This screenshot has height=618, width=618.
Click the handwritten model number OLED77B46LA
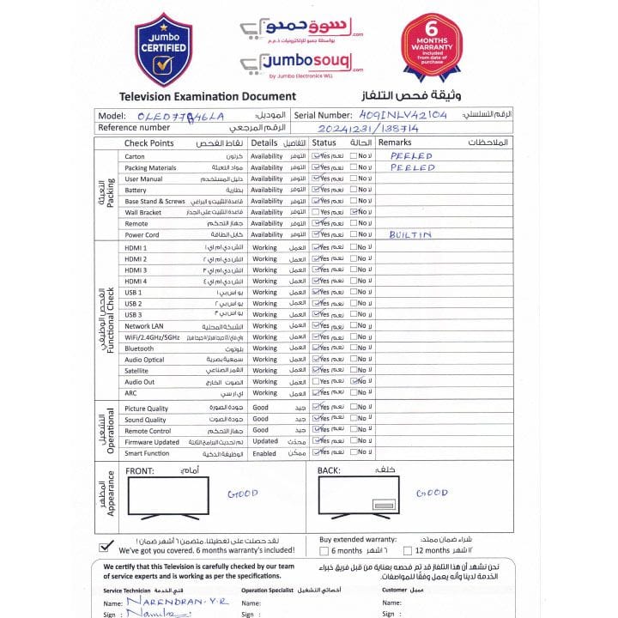180,115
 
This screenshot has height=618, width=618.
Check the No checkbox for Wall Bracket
354,212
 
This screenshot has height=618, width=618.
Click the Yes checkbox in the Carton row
316,156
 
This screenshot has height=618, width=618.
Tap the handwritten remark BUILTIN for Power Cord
409,234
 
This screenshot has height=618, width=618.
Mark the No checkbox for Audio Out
354,382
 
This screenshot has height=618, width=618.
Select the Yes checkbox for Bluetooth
316,348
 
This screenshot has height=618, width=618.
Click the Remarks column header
395,142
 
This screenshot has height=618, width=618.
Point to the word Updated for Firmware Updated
265,442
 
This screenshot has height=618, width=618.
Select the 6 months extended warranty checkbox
324,551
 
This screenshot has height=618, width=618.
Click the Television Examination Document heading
208,97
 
